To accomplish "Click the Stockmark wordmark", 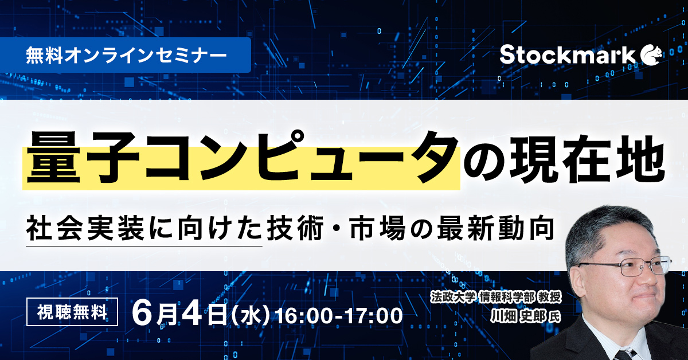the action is tap(567, 55).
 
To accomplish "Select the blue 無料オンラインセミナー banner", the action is tap(126, 55).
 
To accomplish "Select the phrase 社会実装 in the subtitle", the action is tap(85, 229).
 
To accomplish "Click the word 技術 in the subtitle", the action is tap(295, 229).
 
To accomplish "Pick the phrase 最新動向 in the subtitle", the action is tap(496, 229).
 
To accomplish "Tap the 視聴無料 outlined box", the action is tap(72, 312).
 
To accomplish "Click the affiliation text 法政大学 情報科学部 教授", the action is tap(496, 297).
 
